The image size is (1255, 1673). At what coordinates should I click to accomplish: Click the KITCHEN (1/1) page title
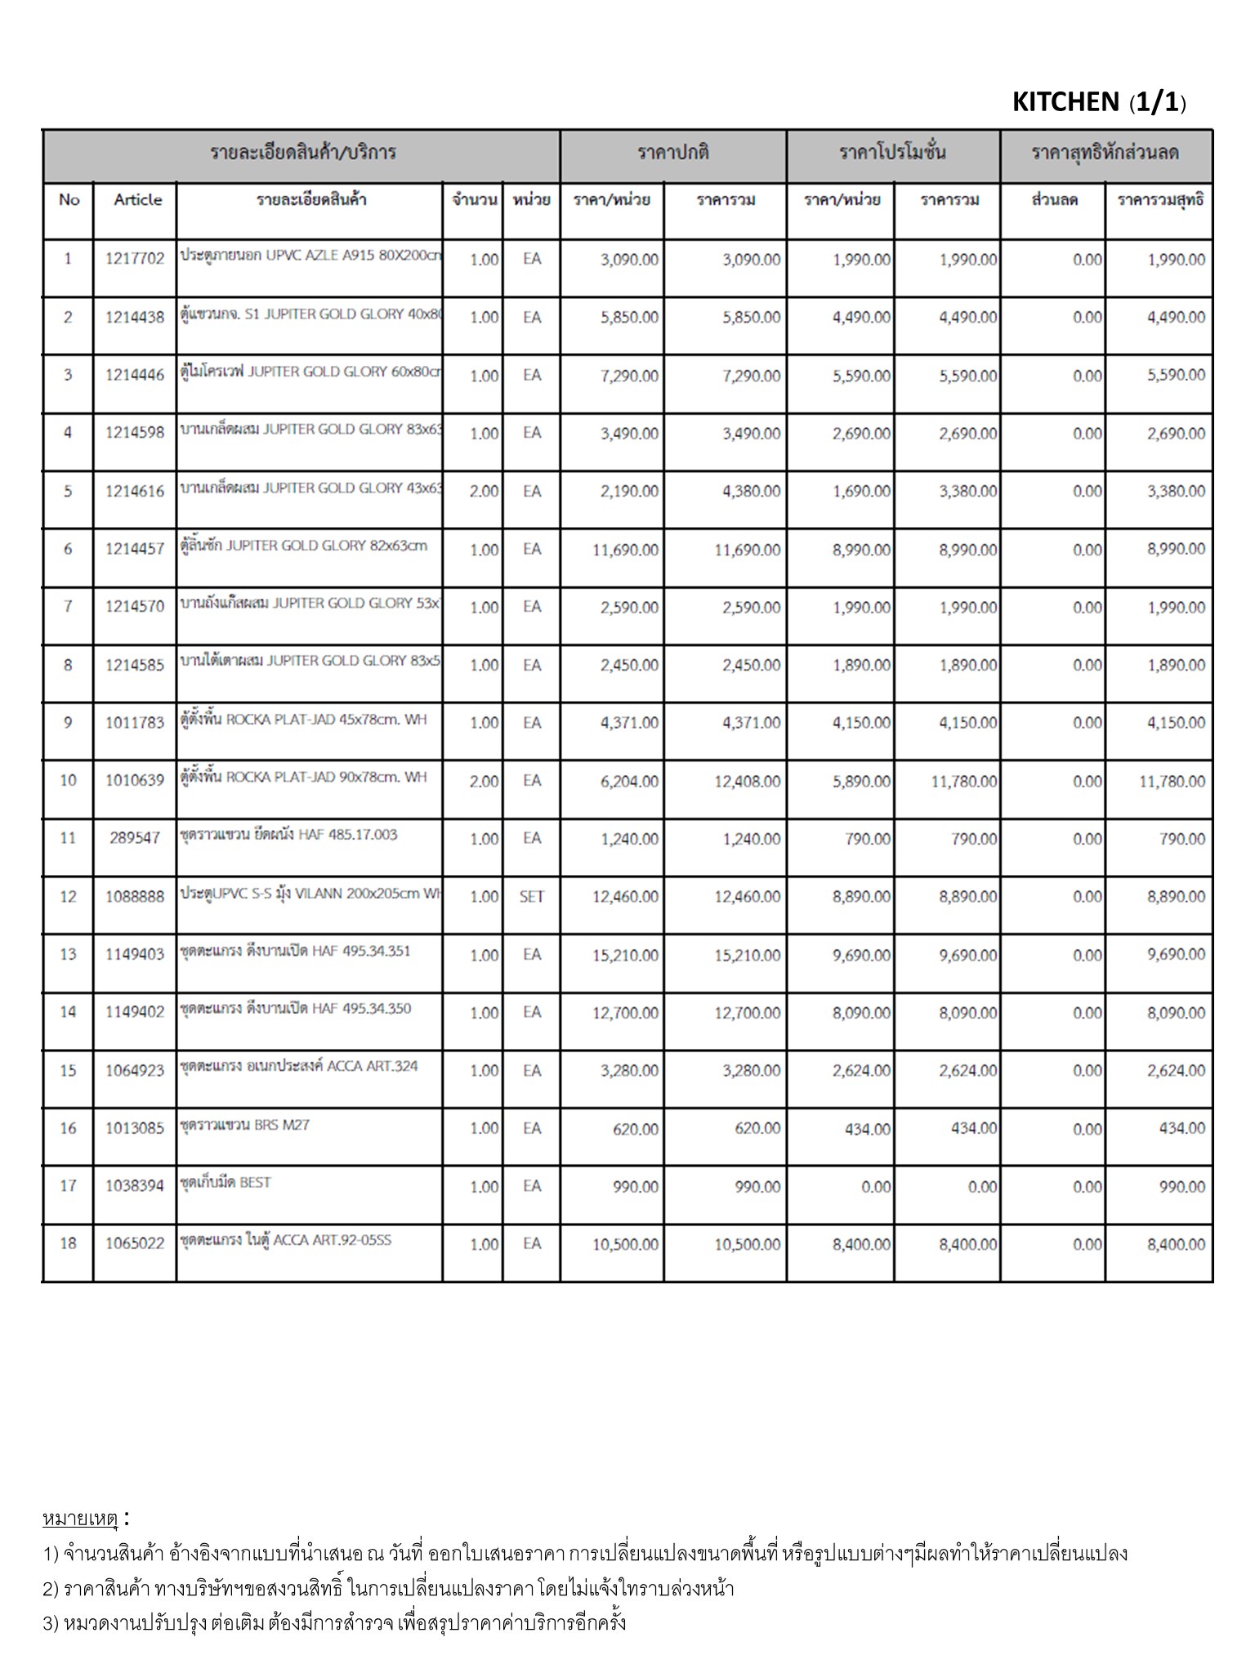click(x=1098, y=102)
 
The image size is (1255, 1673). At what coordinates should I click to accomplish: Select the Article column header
click(x=137, y=200)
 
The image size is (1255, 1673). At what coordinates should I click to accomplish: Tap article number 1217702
click(x=135, y=260)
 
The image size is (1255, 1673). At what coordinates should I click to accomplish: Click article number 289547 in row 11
click(x=135, y=838)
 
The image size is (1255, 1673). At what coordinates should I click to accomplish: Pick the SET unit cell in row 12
click(x=531, y=897)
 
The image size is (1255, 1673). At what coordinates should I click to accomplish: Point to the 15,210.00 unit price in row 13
click(x=625, y=955)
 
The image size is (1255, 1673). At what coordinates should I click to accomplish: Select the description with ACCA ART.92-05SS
click(x=285, y=1240)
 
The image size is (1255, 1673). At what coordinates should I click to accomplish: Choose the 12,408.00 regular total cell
click(x=747, y=782)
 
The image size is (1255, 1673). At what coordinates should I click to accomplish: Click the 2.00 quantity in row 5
click(x=484, y=492)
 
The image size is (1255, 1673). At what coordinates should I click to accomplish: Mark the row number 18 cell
click(x=68, y=1243)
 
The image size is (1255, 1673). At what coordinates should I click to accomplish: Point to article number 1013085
click(x=135, y=1128)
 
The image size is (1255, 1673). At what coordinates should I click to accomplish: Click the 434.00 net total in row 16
click(x=1181, y=1128)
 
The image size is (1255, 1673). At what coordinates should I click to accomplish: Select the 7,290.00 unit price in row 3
click(x=629, y=376)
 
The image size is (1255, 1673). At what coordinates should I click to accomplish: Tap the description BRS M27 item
click(x=244, y=1125)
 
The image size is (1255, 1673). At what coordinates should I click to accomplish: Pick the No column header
click(x=69, y=200)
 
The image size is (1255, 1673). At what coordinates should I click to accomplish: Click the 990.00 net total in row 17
click(x=1181, y=1186)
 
